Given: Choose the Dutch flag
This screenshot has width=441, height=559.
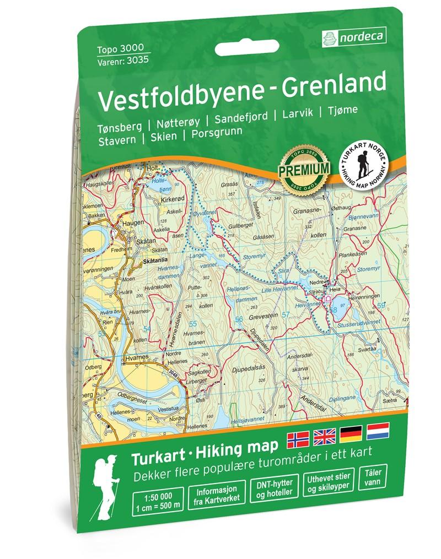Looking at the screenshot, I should (378, 432).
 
